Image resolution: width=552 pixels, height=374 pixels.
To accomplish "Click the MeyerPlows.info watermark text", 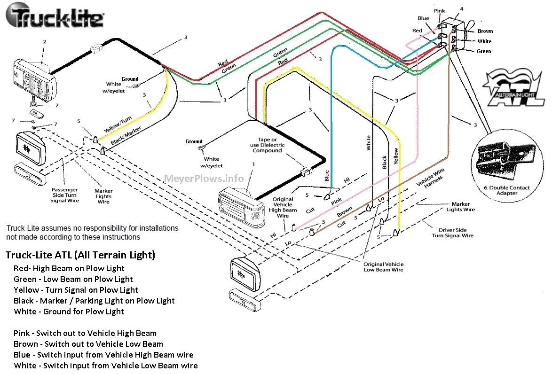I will [204, 178].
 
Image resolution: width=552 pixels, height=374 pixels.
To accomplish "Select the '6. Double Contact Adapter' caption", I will [506, 190].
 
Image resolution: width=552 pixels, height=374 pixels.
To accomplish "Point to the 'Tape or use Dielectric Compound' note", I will [267, 145].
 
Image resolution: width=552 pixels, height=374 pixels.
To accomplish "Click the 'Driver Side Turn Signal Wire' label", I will [453, 233].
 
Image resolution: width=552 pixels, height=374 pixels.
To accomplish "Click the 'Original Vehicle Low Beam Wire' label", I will [383, 267].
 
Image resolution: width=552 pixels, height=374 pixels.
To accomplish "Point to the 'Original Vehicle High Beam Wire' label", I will [283, 208].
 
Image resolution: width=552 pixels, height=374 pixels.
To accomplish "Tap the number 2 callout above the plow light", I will [44, 42].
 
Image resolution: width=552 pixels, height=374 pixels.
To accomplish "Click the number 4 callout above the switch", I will [461, 9].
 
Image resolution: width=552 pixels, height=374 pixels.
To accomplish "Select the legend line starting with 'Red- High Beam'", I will [69, 268].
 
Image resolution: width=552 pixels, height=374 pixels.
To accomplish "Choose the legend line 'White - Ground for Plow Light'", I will [69, 312].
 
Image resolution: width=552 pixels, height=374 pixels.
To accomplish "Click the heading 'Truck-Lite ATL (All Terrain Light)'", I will [80, 255].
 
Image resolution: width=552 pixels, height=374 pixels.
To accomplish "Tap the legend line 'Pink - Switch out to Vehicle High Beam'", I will [85, 333].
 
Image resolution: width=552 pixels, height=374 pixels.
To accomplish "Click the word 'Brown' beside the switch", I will [485, 31].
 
